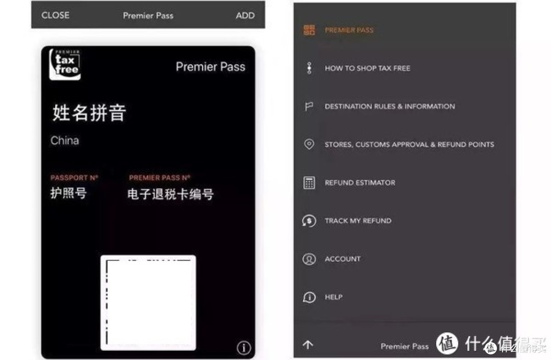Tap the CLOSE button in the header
pyautogui.click(x=56, y=15)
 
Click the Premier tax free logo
pyautogui.click(x=65, y=64)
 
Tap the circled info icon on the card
pyautogui.click(x=244, y=348)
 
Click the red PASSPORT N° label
pyautogui.click(x=74, y=178)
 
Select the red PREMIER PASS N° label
pyautogui.click(x=160, y=178)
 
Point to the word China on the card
pyautogui.click(x=65, y=141)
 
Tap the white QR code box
pyautogui.click(x=148, y=302)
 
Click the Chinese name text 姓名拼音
pyautogui.click(x=89, y=113)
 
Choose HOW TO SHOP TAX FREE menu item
pyautogui.click(x=367, y=68)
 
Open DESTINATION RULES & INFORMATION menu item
pyautogui.click(x=390, y=107)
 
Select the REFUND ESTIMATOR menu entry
pyautogui.click(x=360, y=183)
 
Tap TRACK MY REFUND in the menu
pyautogui.click(x=358, y=221)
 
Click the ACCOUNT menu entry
pyautogui.click(x=343, y=259)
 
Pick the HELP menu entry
pyautogui.click(x=334, y=297)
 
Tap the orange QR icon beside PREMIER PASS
pyautogui.click(x=309, y=30)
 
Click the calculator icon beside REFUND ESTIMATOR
pyautogui.click(x=309, y=183)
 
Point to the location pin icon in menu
pyautogui.click(x=309, y=144)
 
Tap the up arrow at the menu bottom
pyautogui.click(x=308, y=345)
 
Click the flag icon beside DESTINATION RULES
pyautogui.click(x=309, y=106)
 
